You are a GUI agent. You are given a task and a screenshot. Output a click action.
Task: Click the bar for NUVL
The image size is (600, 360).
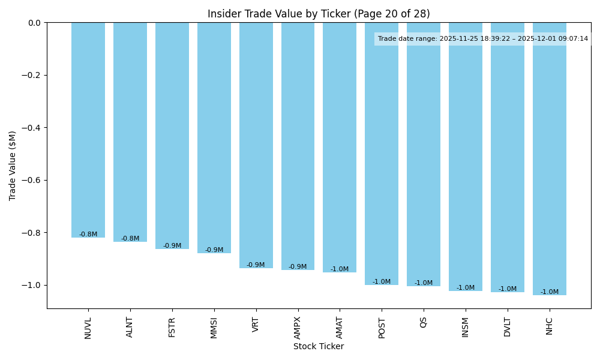click(x=88, y=130)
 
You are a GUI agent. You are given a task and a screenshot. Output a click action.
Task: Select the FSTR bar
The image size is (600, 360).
click(x=172, y=136)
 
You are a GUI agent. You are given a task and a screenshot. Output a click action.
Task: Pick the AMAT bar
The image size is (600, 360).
click(x=340, y=148)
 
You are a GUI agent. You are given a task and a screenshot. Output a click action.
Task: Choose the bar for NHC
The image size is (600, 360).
click(x=550, y=158)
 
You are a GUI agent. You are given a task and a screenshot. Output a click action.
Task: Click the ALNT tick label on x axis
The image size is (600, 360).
click(x=130, y=327)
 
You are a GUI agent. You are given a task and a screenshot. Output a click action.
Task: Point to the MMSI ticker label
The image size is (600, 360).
click(x=214, y=328)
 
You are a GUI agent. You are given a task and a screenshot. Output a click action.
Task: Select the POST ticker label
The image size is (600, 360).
click(x=382, y=328)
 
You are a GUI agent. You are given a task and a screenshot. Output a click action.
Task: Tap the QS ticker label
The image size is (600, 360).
click(x=424, y=322)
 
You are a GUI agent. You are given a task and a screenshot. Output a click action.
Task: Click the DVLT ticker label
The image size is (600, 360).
click(x=508, y=327)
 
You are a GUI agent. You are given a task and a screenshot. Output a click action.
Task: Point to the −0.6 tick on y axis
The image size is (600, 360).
click(x=31, y=180)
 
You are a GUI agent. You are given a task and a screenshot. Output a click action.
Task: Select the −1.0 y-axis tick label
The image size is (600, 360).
click(x=31, y=285)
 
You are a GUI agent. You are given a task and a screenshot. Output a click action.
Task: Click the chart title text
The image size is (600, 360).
click(x=319, y=14)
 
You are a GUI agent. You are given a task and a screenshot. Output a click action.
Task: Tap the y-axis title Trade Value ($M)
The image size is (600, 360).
click(x=13, y=165)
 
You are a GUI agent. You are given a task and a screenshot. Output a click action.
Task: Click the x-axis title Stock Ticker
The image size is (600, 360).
click(x=319, y=346)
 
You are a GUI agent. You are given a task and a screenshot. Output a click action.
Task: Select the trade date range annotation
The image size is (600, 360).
click(x=483, y=39)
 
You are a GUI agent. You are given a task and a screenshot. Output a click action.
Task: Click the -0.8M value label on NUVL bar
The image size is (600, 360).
click(x=88, y=235)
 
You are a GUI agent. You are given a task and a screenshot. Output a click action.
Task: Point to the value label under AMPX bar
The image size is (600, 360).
click(x=298, y=267)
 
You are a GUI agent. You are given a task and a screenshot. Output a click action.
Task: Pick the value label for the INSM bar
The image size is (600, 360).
click(x=466, y=288)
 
